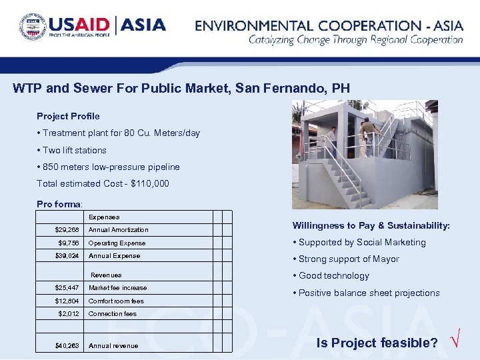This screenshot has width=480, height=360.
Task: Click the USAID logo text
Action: (x=80, y=25)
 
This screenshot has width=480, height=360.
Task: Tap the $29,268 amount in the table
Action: (x=67, y=229)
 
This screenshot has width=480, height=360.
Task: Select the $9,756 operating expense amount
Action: (x=69, y=243)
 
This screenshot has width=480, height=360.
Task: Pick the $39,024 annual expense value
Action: (x=67, y=255)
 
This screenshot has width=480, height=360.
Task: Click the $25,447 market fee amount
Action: (x=67, y=287)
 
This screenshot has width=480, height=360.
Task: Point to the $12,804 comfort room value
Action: (x=67, y=301)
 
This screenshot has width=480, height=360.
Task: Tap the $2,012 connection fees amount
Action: (x=69, y=313)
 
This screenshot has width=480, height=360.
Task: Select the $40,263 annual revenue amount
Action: (x=67, y=345)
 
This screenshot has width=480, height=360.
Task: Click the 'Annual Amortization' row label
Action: (x=118, y=229)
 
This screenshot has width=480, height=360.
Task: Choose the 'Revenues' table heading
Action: (x=106, y=275)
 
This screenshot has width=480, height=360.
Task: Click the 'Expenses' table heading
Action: (x=104, y=217)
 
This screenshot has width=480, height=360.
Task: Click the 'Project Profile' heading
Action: (x=68, y=116)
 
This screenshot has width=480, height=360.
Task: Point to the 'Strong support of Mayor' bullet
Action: (x=349, y=259)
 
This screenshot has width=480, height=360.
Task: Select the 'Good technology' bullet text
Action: (x=333, y=275)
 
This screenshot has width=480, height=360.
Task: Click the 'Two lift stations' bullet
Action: (x=74, y=150)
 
